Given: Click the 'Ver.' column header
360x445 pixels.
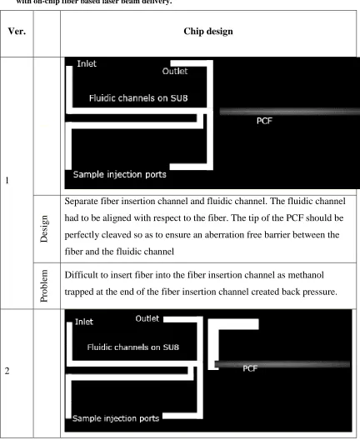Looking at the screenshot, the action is [x=17, y=31].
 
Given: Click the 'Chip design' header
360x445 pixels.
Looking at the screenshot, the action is [x=208, y=32].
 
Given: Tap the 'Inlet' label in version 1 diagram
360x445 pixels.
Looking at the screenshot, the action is [x=87, y=63].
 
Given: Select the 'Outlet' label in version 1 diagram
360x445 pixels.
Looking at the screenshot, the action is [x=175, y=71].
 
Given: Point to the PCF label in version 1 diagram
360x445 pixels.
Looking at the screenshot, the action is [x=264, y=121].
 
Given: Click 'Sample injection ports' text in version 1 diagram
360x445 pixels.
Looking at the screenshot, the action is [x=119, y=174].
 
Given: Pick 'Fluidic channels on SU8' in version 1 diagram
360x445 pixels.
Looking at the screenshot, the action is [x=138, y=98].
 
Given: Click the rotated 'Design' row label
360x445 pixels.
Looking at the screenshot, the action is [x=44, y=229].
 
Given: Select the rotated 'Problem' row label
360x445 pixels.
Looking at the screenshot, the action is [x=44, y=286].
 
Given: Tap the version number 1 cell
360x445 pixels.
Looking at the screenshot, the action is [x=7, y=180].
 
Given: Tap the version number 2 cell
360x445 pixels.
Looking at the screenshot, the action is [x=7, y=371].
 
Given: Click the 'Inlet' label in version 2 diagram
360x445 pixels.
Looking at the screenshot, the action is [x=84, y=322].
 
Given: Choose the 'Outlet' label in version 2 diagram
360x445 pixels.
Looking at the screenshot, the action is [x=147, y=318].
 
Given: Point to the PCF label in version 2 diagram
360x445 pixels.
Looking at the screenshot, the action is [x=250, y=368].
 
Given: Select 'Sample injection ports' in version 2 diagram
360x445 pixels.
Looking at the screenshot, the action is [x=116, y=418].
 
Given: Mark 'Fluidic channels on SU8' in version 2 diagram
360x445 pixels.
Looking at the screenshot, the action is [x=132, y=347].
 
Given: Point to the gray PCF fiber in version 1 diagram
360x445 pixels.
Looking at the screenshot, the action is [x=290, y=112].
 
